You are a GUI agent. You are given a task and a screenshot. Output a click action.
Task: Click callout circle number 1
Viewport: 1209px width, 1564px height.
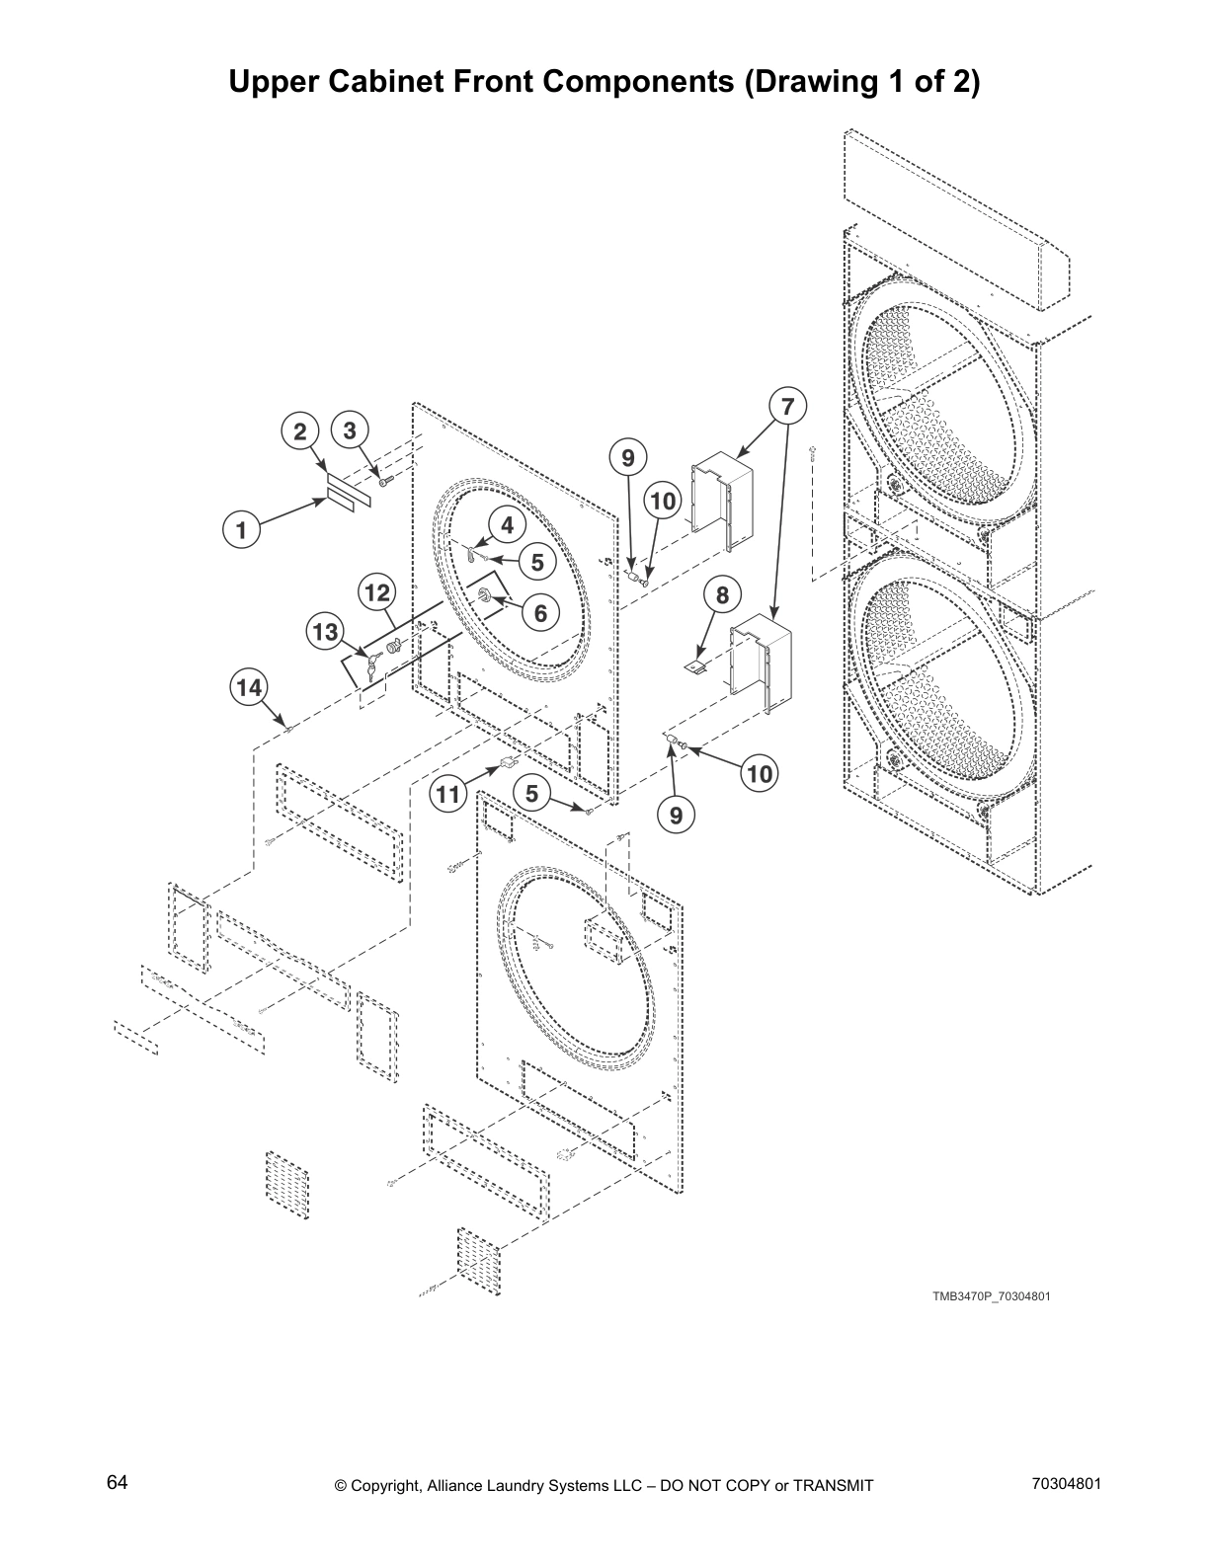(x=240, y=529)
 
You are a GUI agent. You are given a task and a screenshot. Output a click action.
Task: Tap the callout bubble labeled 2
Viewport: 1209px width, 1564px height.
(x=300, y=430)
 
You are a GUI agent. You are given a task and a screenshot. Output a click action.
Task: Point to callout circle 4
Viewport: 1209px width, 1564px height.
(x=507, y=525)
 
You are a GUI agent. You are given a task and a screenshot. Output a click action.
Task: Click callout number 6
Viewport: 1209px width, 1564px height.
(x=540, y=612)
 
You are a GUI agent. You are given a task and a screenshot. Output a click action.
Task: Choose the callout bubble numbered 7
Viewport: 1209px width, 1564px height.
(x=787, y=406)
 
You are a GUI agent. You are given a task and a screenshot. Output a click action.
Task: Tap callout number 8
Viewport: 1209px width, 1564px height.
(x=722, y=595)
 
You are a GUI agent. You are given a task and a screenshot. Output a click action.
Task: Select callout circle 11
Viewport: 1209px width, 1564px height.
(x=449, y=794)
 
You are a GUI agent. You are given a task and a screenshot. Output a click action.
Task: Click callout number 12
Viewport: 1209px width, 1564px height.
(x=377, y=592)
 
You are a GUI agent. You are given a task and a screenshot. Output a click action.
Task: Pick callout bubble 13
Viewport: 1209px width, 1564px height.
(x=326, y=632)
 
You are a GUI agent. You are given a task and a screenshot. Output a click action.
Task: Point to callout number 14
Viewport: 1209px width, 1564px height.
(x=250, y=686)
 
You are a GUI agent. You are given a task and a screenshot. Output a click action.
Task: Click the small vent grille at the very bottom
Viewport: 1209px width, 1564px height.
(x=479, y=1259)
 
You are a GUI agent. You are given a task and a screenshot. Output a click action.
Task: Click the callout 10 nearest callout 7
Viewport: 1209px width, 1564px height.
(x=663, y=501)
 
